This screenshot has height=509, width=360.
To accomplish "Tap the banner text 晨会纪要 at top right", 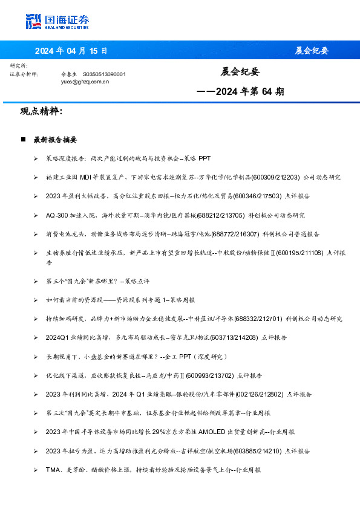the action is tap(311, 50).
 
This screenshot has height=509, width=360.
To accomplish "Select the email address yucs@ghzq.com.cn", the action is tap(85, 80).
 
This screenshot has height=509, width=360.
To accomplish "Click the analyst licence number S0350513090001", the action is tap(104, 74).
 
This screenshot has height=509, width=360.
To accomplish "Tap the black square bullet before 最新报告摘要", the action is tap(23, 140).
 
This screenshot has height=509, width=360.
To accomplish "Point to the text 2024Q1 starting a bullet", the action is tap(57, 337).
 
